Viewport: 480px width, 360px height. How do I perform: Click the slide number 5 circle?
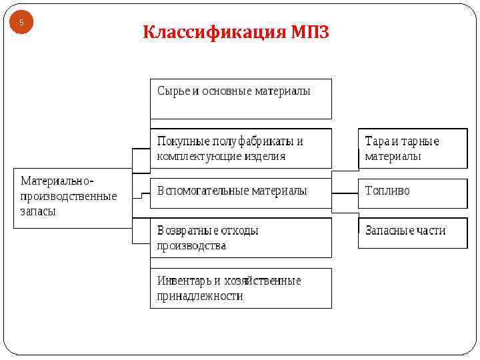tap(21, 23)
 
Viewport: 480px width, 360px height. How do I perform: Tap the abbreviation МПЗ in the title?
tap(310, 32)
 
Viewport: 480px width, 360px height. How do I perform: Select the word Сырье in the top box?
tap(173, 91)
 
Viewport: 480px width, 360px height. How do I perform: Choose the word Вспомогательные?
tap(203, 191)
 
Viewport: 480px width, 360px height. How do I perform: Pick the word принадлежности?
tap(200, 296)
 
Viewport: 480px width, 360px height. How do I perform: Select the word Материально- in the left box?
tap(57, 181)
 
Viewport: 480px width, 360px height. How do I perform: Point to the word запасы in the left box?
tap(38, 211)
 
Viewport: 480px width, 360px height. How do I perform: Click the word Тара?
tap(377, 141)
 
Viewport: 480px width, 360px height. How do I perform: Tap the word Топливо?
tap(387, 191)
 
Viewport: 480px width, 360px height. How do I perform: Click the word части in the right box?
tap(431, 231)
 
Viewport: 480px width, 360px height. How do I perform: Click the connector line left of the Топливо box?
tap(345, 193)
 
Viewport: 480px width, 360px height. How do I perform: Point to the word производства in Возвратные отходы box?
tap(191, 245)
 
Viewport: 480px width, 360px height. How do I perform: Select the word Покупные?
tap(183, 141)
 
